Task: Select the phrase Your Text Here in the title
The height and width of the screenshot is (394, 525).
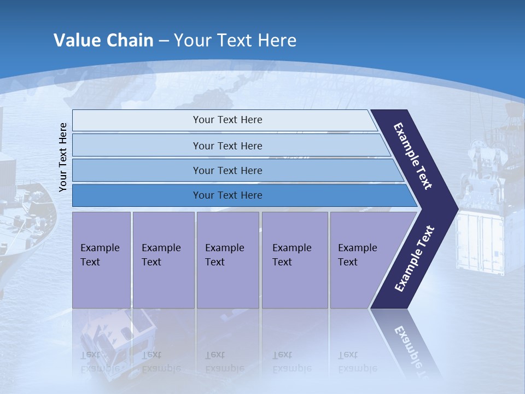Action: tap(235, 40)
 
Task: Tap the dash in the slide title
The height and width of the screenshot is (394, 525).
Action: tap(164, 41)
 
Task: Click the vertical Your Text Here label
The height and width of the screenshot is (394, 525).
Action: tap(63, 157)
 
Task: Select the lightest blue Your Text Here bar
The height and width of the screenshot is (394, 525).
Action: tap(227, 120)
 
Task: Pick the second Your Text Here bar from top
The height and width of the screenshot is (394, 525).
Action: tap(227, 146)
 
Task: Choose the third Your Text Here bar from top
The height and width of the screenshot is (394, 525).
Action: tap(227, 170)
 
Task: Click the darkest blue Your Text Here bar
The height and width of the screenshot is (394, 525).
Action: tap(227, 195)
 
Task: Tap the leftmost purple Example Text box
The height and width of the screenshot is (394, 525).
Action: tap(101, 259)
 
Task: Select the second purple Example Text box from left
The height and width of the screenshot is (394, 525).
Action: tap(163, 259)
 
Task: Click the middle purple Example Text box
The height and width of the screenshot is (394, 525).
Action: tap(227, 259)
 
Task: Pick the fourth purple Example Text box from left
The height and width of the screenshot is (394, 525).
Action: tap(294, 259)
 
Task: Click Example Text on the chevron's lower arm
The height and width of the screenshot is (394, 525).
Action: tap(414, 259)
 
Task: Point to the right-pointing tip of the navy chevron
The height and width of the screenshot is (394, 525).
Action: tap(455, 208)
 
